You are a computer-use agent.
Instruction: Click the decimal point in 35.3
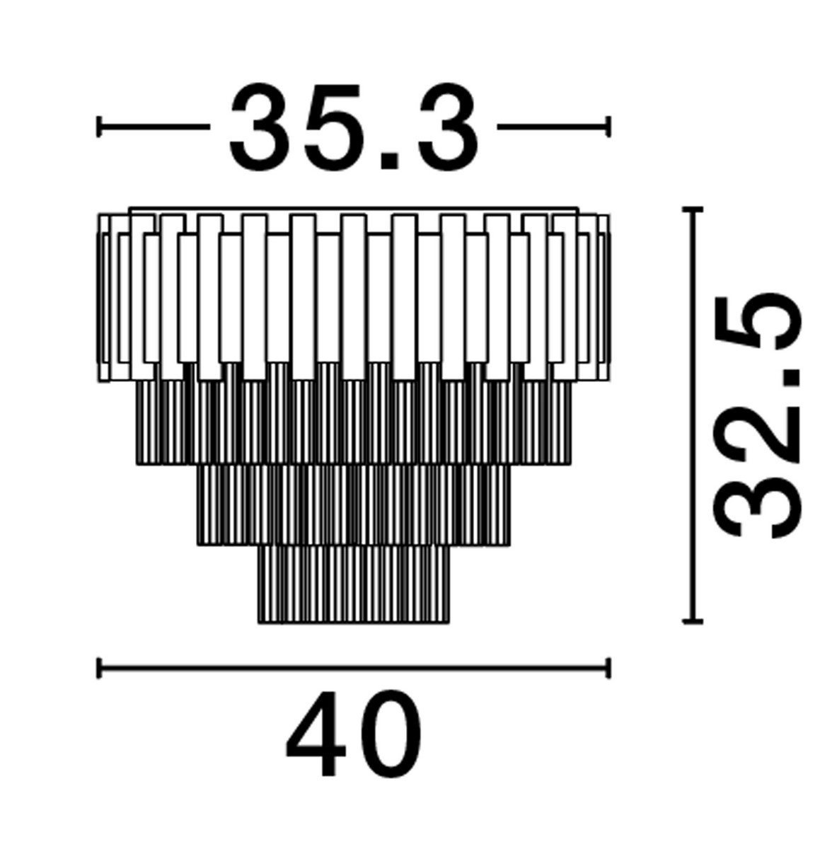pyautogui.click(x=388, y=161)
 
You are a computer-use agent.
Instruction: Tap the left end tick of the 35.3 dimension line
pyautogui.click(x=100, y=127)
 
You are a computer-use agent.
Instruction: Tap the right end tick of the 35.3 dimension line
pyautogui.click(x=607, y=127)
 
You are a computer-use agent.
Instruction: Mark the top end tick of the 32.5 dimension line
pyautogui.click(x=692, y=209)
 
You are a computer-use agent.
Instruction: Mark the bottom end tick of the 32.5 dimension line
pyautogui.click(x=692, y=622)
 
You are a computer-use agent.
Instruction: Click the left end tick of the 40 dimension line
pyautogui.click(x=100, y=667)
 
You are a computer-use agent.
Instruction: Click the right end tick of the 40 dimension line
pyautogui.click(x=607, y=667)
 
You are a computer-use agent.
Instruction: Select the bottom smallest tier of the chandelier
pyautogui.click(x=354, y=584)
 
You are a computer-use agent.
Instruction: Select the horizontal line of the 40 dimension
pyautogui.click(x=354, y=667)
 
